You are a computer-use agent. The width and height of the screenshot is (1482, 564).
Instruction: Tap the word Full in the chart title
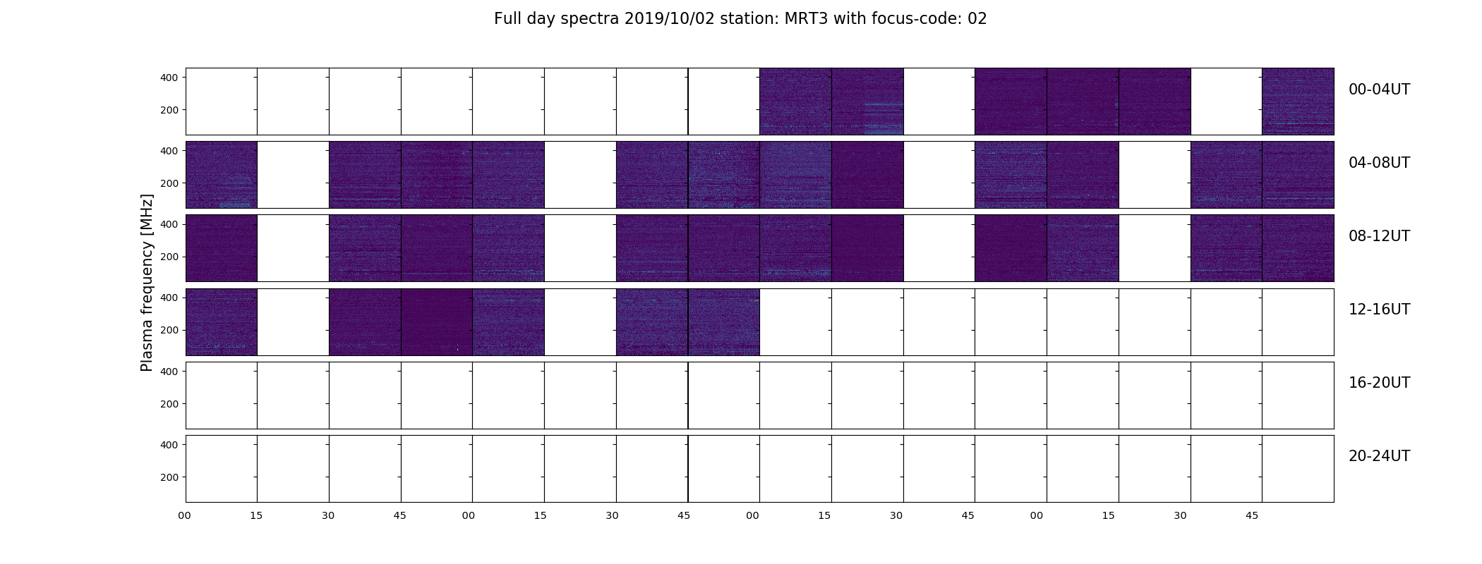coord(507,19)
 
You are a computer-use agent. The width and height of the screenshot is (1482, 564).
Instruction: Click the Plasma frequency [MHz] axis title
coord(147,283)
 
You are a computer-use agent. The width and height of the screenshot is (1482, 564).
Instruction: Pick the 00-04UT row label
coord(1379,90)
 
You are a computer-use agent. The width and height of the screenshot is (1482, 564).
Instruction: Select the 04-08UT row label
coord(1379,163)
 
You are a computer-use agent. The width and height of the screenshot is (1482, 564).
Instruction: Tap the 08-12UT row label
coord(1379,236)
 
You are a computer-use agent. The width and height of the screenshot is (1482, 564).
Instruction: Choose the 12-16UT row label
coord(1379,309)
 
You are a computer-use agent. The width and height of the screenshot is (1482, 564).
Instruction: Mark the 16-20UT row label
coord(1379,383)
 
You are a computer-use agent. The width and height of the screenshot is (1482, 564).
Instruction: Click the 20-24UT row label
coord(1379,456)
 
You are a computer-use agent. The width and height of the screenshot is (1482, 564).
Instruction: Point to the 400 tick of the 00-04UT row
coord(169,78)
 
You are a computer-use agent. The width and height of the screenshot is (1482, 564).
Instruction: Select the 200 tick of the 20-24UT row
coord(169,477)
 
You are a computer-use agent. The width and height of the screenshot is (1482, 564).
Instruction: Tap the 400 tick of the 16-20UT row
coord(169,372)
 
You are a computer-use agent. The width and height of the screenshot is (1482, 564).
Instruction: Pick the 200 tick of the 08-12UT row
coord(169,257)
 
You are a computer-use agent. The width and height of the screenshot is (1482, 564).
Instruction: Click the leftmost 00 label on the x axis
coord(185,515)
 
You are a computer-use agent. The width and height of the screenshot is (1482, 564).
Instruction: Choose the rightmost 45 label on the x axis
coord(1252,515)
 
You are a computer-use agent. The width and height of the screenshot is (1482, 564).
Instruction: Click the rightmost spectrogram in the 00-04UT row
coord(1298,102)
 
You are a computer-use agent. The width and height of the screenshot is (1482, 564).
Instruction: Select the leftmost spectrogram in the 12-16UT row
coord(222,321)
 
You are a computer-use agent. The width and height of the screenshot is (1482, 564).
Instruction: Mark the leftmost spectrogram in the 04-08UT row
coord(222,175)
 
